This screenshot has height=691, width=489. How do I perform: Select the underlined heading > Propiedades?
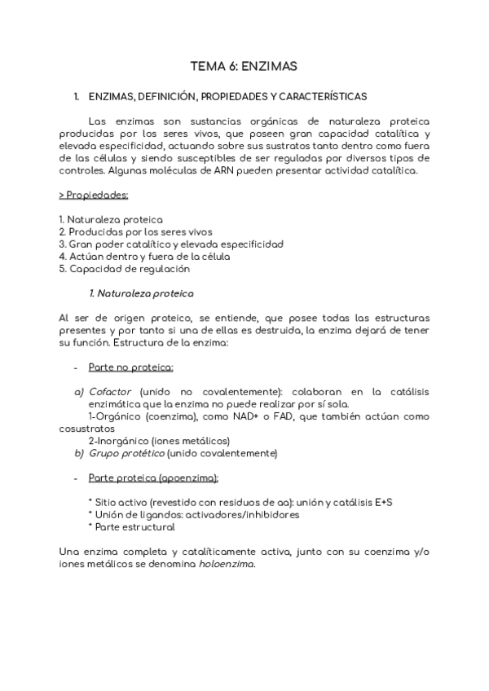tap(94, 196)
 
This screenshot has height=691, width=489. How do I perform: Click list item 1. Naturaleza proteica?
tap(111, 220)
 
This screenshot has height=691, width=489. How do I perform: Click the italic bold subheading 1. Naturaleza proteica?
tap(141, 292)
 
